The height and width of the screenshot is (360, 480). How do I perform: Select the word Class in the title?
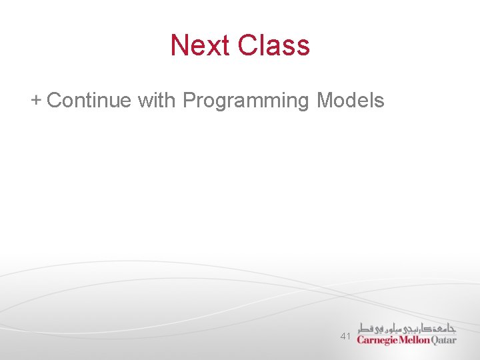point(274,45)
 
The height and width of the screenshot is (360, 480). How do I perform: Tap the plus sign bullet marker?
point(36,100)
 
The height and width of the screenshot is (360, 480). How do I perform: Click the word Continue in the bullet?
point(89,101)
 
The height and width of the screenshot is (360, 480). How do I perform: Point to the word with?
point(157,101)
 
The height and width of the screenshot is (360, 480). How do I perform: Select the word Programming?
point(246,101)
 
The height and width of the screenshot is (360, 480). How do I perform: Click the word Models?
point(351,101)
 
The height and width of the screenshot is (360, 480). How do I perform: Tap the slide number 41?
point(345,337)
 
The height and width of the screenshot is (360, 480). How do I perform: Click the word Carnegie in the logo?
point(377,340)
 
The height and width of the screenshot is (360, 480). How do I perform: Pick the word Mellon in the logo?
point(414,340)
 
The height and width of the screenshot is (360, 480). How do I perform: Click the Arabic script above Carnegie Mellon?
point(407,328)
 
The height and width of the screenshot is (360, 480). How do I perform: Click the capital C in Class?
point(247,45)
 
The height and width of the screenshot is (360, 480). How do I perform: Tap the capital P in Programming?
point(189,101)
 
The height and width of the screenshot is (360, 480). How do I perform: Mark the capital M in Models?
point(325,101)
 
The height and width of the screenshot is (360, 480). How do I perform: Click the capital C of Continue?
point(54,101)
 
